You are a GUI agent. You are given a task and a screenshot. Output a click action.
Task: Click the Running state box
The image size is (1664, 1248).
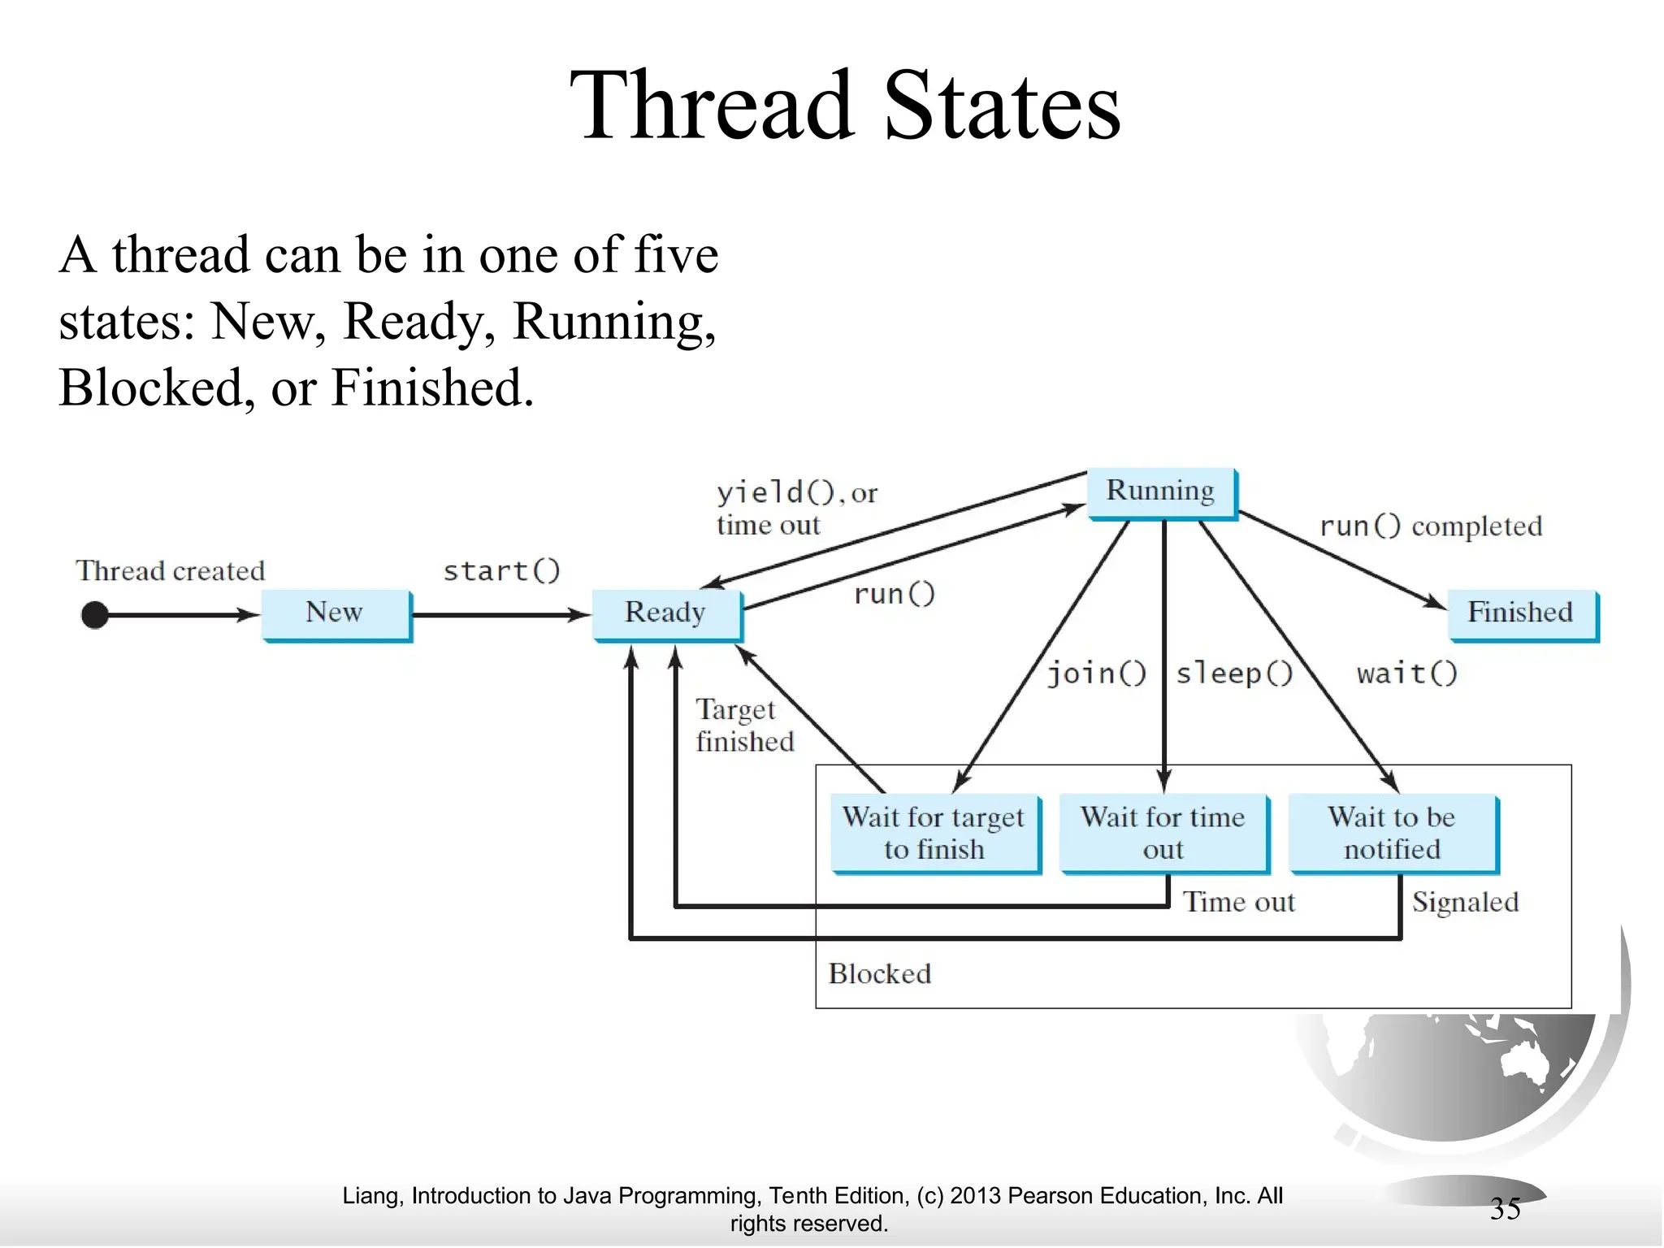tap(1160, 492)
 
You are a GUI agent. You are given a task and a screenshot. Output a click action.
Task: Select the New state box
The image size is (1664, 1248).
tap(335, 613)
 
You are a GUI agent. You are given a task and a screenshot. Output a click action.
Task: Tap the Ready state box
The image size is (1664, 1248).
tap(665, 613)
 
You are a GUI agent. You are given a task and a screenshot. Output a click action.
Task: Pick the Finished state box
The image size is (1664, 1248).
tap(1521, 613)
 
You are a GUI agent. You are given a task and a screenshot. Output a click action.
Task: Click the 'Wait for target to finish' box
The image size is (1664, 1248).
tap(934, 833)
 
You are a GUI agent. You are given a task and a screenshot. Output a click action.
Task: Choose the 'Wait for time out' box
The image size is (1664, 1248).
tap(1163, 833)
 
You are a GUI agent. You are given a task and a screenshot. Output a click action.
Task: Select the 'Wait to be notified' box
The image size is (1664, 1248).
tap(1392, 833)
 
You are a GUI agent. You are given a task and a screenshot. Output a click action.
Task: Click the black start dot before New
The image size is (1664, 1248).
tap(95, 615)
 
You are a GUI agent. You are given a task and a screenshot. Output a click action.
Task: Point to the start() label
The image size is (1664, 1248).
tap(501, 570)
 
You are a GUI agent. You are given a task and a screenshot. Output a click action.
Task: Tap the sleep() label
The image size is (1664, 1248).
tap(1234, 674)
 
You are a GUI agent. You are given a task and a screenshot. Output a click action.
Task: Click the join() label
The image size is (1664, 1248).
tap(1096, 674)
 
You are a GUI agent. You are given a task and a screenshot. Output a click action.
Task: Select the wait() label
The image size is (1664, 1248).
tap(1407, 674)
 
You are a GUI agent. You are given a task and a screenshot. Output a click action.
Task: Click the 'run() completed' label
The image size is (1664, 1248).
tap(1431, 526)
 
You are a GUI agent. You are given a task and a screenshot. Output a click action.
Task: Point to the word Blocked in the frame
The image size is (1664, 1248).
tap(880, 973)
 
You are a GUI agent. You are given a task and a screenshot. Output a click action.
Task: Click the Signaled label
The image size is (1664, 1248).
tap(1465, 902)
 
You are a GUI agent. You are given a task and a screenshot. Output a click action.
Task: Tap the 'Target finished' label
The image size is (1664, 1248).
tap(743, 726)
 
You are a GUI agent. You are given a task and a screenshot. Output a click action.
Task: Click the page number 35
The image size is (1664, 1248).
tap(1505, 1209)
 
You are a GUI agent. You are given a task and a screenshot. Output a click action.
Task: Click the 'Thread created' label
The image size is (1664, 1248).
tap(171, 570)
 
